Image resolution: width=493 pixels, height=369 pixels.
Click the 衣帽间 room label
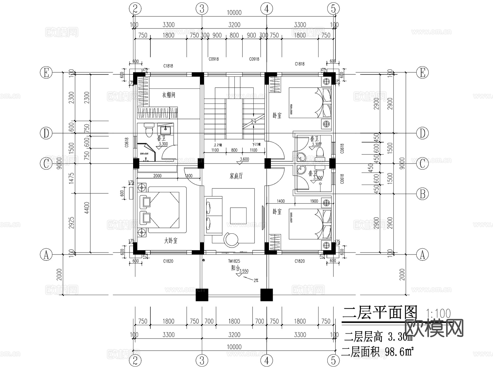click(x=168, y=95)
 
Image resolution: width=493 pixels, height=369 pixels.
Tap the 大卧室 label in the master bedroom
click(x=170, y=241)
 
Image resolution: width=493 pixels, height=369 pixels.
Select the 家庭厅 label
click(x=236, y=176)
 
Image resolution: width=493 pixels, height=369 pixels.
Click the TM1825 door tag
click(x=234, y=261)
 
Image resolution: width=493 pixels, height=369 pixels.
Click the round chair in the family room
click(x=231, y=239)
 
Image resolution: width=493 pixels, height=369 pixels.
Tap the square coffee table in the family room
click(x=238, y=216)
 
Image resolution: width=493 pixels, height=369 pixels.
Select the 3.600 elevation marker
click(x=244, y=159)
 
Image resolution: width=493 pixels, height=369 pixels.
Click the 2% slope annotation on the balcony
click(x=256, y=280)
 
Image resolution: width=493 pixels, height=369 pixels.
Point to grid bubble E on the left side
click(x=46, y=73)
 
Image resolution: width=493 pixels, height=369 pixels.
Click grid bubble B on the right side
click(x=422, y=194)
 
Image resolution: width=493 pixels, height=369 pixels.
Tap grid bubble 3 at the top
click(x=202, y=9)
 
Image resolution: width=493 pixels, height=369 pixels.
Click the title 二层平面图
click(x=380, y=313)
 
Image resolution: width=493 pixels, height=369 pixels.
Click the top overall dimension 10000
click(x=234, y=13)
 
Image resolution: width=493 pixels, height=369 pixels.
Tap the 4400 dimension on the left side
click(x=87, y=208)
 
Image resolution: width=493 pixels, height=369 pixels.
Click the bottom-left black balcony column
click(x=202, y=295)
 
